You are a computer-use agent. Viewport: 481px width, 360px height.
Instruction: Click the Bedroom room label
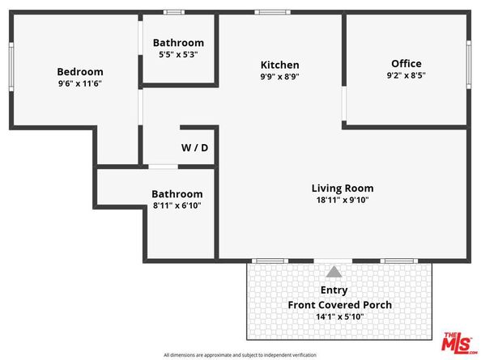tap(79, 70)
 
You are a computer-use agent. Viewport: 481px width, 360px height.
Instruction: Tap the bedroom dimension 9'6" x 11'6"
tap(79, 83)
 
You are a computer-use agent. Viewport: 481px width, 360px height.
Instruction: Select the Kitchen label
tap(279, 65)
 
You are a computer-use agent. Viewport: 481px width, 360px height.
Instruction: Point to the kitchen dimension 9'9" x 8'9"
tap(279, 77)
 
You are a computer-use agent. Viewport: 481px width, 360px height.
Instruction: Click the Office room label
tap(407, 63)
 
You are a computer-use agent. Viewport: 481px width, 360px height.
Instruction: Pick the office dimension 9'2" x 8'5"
tap(407, 75)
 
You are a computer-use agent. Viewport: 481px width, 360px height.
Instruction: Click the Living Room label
tap(343, 188)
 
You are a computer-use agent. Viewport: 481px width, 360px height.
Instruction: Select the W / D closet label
tap(194, 148)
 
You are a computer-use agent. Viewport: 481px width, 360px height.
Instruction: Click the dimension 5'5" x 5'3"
tap(178, 54)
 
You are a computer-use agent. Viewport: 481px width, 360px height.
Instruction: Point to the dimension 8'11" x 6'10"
tap(177, 205)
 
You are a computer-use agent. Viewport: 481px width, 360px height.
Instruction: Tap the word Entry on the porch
tap(334, 290)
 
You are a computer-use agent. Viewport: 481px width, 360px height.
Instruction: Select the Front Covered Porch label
tap(340, 304)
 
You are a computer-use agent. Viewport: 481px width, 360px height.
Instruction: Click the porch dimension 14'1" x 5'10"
tap(340, 316)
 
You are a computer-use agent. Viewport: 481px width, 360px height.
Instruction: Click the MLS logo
tap(459, 341)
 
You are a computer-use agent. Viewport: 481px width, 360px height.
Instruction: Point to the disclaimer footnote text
tap(240, 354)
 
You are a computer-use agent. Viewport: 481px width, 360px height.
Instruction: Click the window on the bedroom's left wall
tap(11, 69)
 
